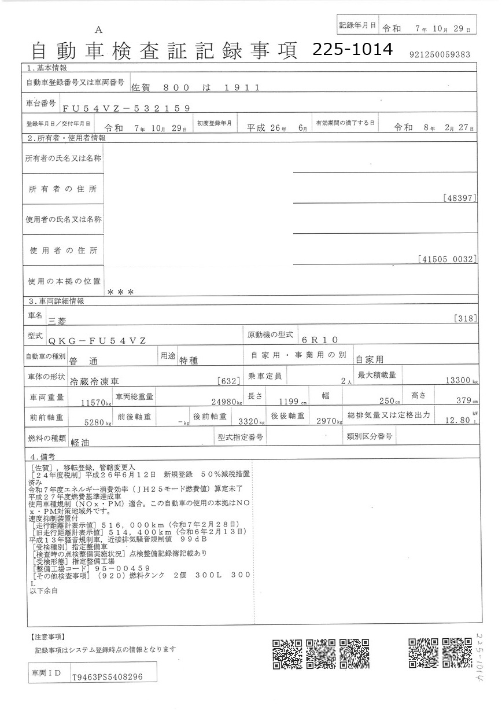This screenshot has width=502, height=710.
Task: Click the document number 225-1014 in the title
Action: click(352, 50)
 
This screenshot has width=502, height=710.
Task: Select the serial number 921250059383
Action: click(439, 54)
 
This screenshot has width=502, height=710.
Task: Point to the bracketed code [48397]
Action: click(461, 198)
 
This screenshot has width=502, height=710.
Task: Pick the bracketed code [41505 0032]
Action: click(446, 259)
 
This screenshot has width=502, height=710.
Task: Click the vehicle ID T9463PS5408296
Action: click(107, 676)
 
